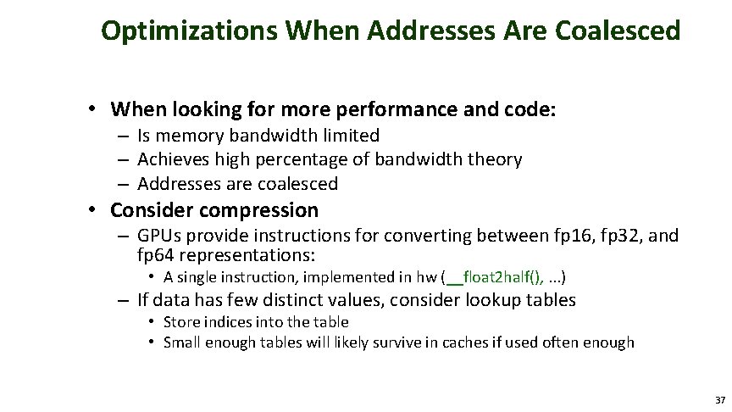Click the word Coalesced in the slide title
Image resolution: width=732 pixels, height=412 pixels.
618,31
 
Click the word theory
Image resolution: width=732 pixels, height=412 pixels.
494,159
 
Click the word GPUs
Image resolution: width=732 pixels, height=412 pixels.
160,236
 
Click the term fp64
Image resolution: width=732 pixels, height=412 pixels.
157,255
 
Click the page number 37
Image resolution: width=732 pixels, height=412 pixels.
719,400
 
